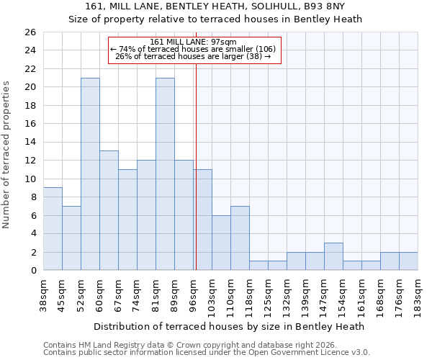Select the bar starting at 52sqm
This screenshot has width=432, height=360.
pyautogui.click(x=90, y=174)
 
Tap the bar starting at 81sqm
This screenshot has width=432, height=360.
pyautogui.click(x=165, y=174)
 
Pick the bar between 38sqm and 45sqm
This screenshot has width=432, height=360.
pyautogui.click(x=53, y=229)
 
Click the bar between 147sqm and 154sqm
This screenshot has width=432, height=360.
pyautogui.click(x=333, y=256)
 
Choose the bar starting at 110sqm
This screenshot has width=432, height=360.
pyautogui.click(x=240, y=238)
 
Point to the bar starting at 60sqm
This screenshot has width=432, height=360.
pyautogui.click(x=109, y=210)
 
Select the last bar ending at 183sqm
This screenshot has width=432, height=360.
pyautogui.click(x=408, y=261)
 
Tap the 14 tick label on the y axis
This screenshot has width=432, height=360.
pyautogui.click(x=30, y=143)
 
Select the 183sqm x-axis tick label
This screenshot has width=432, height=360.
pyautogui.click(x=418, y=294)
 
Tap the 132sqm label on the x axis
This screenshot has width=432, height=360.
pyautogui.click(x=287, y=294)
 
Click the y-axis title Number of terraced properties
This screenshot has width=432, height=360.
pyautogui.click(x=6, y=155)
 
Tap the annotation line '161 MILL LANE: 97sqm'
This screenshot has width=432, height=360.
pyautogui.click(x=194, y=42)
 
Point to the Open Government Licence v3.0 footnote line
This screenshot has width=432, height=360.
pyautogui.click(x=207, y=352)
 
